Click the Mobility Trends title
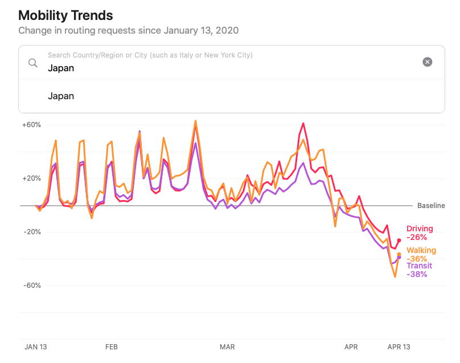pos(65,15)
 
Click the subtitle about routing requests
pos(128,30)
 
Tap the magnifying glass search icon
pos(33,62)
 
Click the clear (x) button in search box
pos(427,62)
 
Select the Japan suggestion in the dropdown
pos(61,96)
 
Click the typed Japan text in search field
pos(61,68)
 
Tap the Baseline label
pos(431,206)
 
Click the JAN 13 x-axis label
pos(35,346)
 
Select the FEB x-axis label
pos(111,346)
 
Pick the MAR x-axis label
pos(227,346)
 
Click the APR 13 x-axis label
pos(399,346)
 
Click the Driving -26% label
pos(420,233)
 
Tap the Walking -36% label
pos(421,255)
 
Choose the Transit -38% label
pos(419,270)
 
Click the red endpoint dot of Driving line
pos(399,240)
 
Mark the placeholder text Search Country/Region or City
pos(150,55)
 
